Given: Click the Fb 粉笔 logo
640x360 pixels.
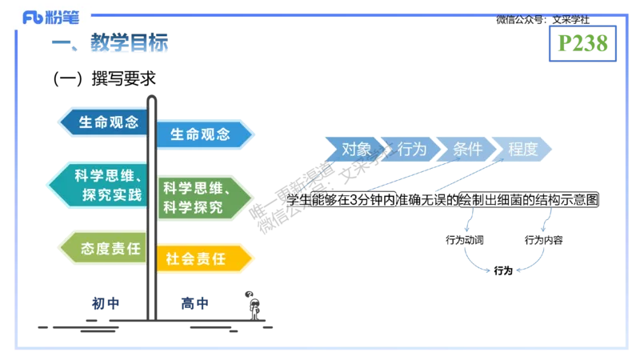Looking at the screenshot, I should pos(50,16).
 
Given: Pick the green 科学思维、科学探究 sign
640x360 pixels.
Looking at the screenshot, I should pos(203,198).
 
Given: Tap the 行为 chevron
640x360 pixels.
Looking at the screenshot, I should pos(410,149).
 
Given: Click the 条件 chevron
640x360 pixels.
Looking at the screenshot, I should pos(466,149).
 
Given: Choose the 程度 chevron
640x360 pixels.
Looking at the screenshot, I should pos(522,149).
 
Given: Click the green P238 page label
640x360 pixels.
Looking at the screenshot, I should pos(585,44).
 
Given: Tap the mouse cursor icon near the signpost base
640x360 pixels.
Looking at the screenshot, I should pos(251,296).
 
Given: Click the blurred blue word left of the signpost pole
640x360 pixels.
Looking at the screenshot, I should pos(105,303).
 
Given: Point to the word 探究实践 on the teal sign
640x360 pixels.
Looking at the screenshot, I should pos(111,194).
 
